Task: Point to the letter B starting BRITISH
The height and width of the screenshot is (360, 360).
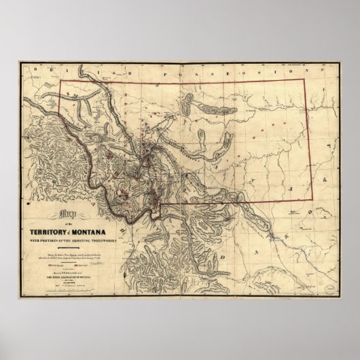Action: (42, 71)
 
